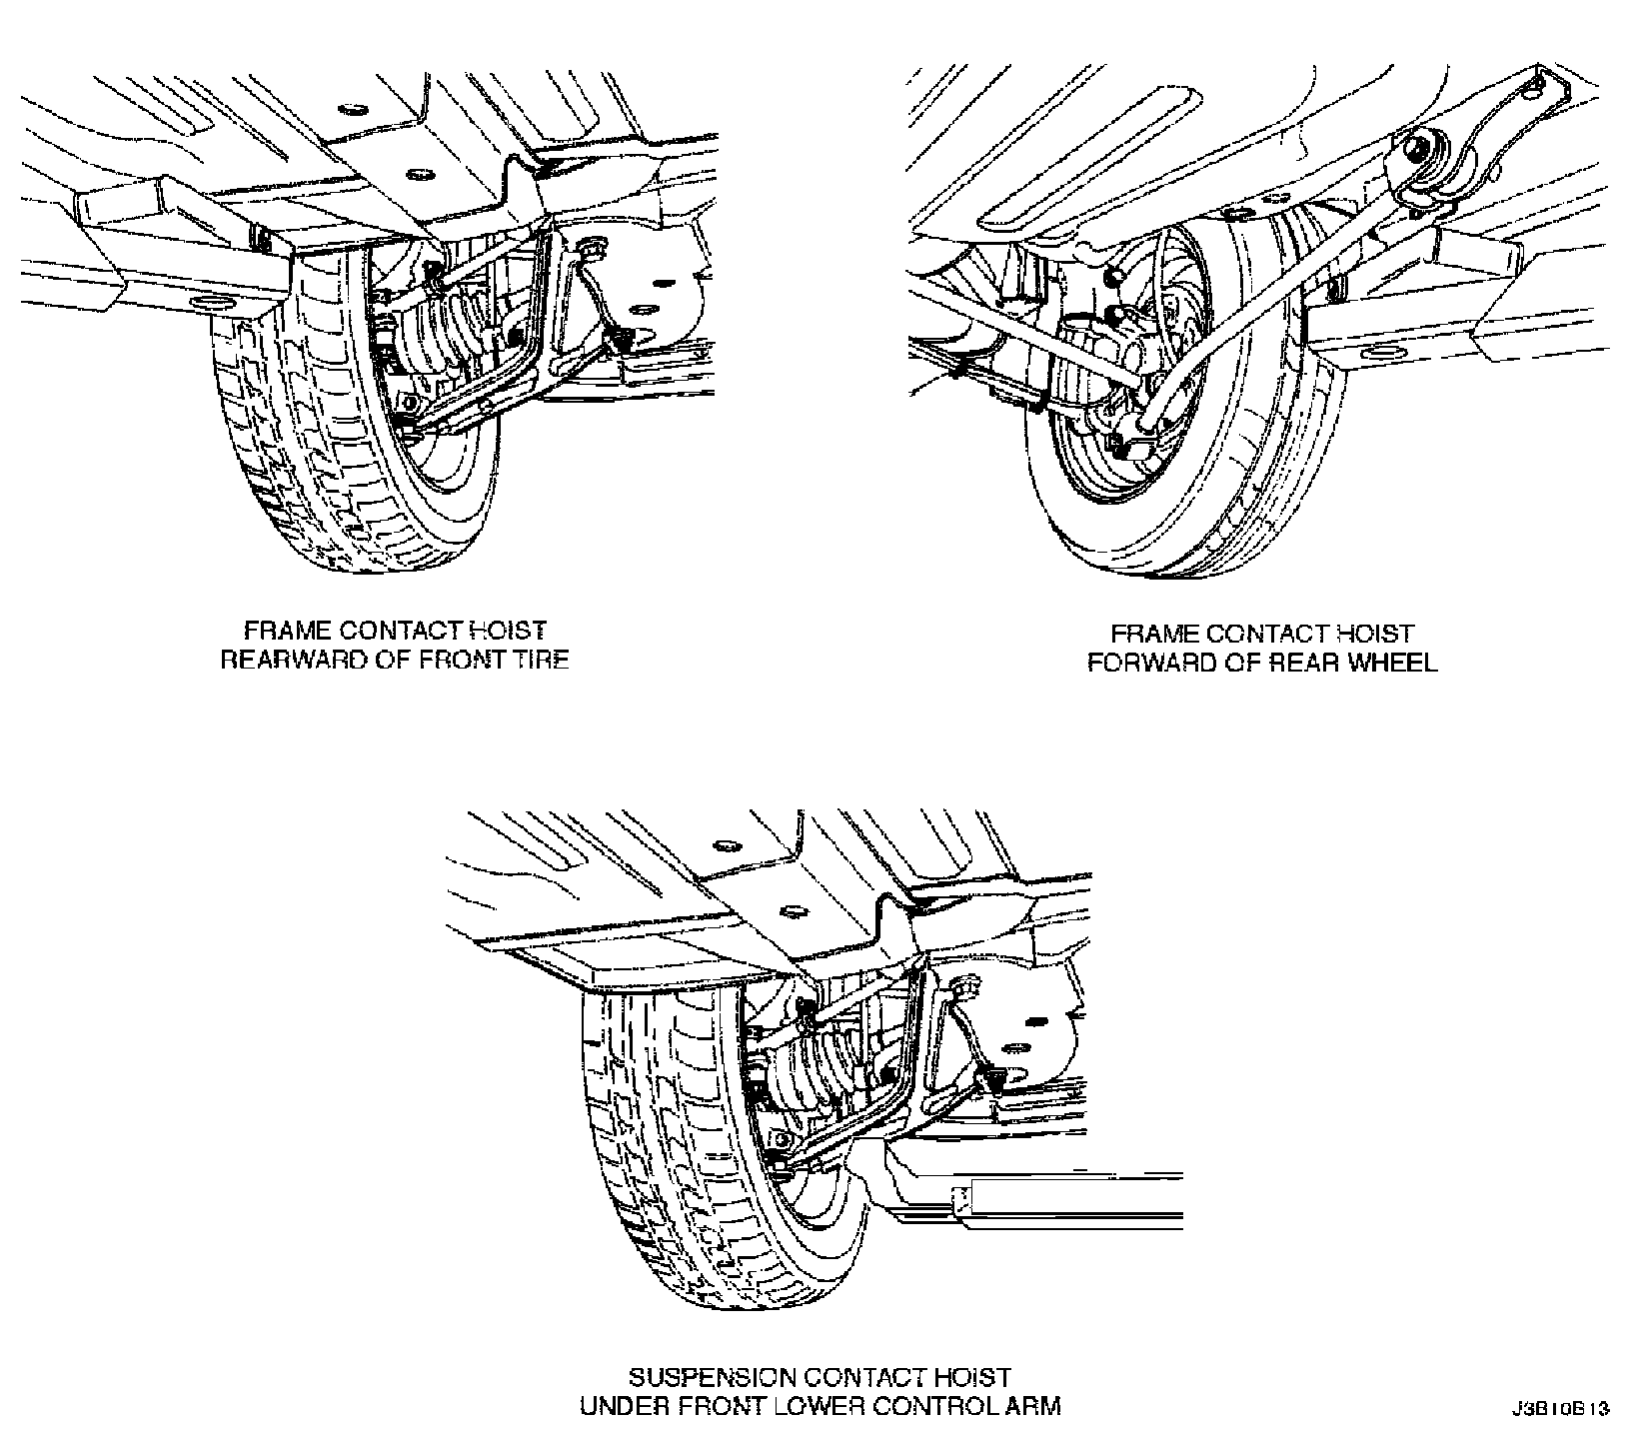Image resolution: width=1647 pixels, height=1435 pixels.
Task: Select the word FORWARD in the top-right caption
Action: point(1147,663)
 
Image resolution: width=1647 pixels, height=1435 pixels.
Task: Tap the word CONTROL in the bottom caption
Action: point(935,1406)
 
